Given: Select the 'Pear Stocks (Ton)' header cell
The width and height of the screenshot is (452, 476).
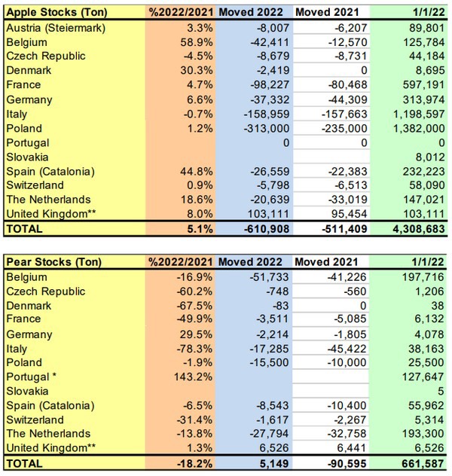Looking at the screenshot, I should (x=50, y=261).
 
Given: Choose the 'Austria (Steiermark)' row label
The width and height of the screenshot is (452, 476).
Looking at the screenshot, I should (x=56, y=28).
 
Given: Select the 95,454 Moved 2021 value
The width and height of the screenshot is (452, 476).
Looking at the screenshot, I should (x=343, y=214).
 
